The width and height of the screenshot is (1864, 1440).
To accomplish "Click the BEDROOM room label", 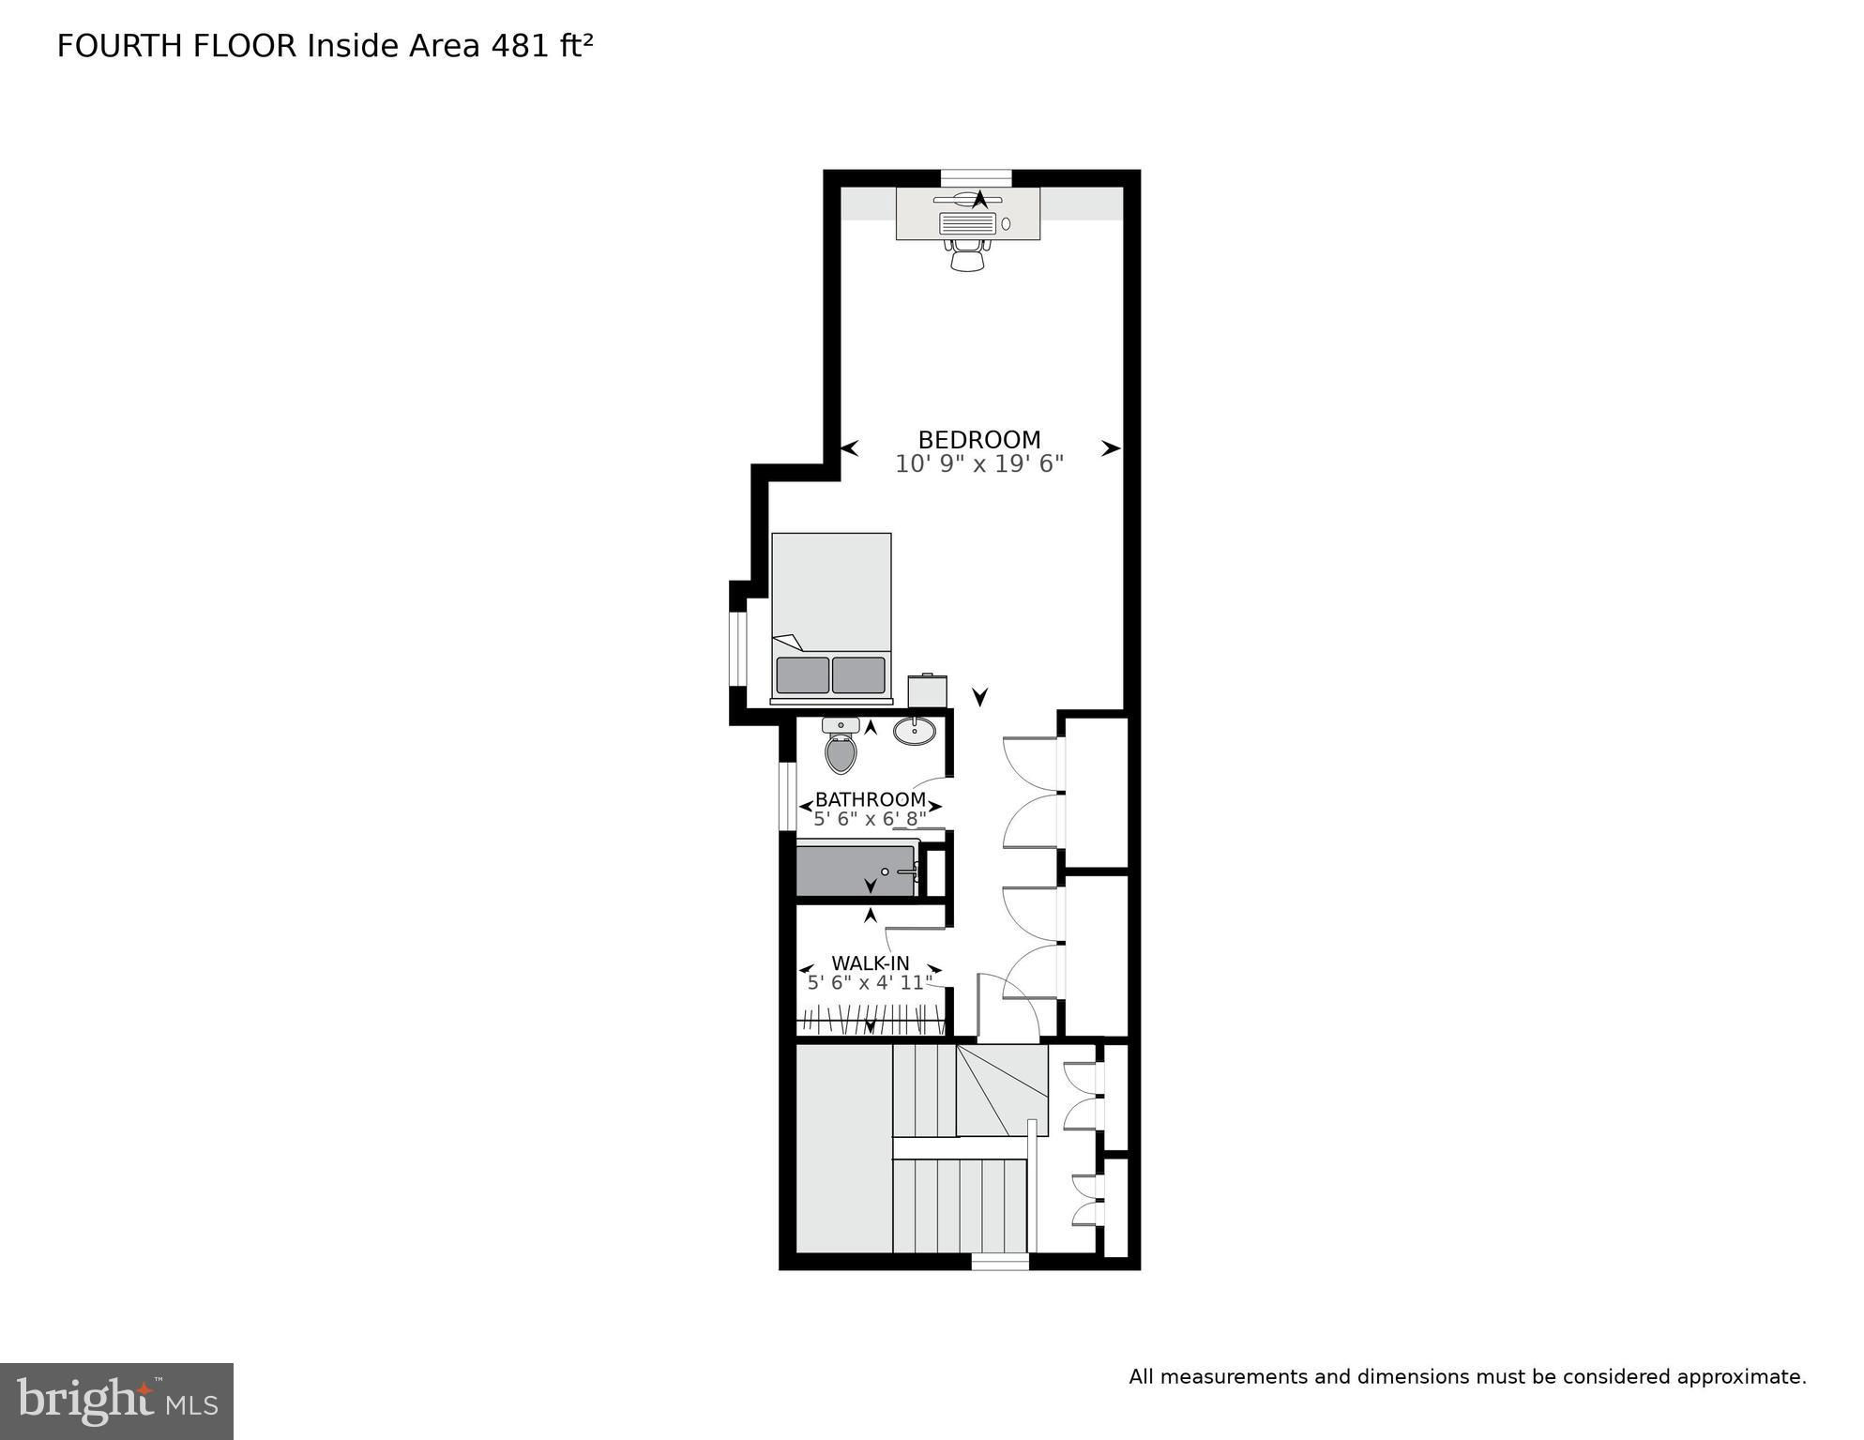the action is click(x=979, y=440).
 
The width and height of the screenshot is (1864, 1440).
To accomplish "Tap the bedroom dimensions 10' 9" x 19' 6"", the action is click(x=979, y=464).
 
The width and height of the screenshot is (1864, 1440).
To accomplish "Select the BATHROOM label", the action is click(x=871, y=799).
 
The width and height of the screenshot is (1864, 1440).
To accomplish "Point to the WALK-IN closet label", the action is click(x=871, y=963).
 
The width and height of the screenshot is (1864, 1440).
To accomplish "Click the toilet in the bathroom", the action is click(x=841, y=745).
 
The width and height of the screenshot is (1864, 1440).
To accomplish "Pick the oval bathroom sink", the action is click(x=915, y=731).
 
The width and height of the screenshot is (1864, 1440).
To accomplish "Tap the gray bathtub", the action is click(x=856, y=872).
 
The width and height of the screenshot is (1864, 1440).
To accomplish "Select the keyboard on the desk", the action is click(x=967, y=223).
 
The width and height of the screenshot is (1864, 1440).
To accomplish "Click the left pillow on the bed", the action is click(x=803, y=675).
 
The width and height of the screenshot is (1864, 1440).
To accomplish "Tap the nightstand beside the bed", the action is click(x=927, y=691).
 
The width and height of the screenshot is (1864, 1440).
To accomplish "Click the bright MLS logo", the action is click(x=116, y=1402).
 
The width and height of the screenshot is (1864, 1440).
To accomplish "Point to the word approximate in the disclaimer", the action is click(x=1741, y=1377).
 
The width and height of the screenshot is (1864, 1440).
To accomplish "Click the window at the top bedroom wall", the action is click(x=977, y=178).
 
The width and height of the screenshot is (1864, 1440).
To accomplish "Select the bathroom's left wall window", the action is click(x=788, y=796).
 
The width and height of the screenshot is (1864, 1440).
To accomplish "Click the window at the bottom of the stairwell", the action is click(x=1000, y=1262).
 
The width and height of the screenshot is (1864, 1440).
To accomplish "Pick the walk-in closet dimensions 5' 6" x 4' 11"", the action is click(x=871, y=983).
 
